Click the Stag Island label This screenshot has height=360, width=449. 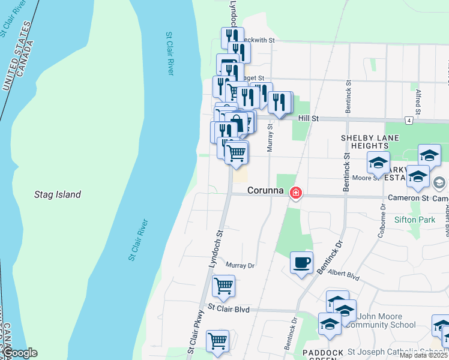[x=57, y=194]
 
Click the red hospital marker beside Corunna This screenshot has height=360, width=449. [x=296, y=193]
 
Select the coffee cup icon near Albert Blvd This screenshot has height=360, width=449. [x=301, y=263]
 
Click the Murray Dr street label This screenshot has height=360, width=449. [x=240, y=265]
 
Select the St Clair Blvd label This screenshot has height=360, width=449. [x=228, y=310]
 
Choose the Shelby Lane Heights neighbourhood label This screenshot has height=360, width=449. [x=365, y=142]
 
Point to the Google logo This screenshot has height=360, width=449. [x=20, y=353]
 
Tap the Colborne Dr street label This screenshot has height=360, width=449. [x=382, y=223]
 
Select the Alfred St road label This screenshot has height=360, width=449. [x=418, y=100]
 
